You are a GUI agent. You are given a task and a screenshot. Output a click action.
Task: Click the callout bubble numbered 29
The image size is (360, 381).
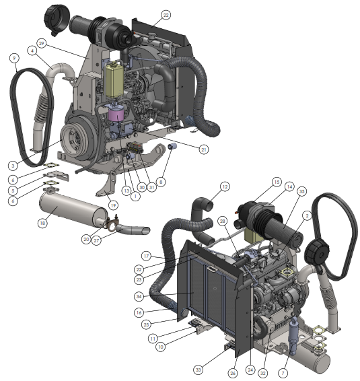click(42, 44)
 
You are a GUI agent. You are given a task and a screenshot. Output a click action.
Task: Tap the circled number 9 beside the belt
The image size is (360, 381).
click(14, 58)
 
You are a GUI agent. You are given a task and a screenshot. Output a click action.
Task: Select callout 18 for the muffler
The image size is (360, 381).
click(42, 223)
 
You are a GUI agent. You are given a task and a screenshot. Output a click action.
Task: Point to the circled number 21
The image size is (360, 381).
click(204, 149)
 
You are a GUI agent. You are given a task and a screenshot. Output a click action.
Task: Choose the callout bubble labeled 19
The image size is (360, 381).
click(113, 205)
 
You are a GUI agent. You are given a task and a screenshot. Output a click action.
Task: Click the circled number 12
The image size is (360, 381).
click(225, 186)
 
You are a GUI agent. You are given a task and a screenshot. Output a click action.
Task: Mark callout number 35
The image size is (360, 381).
click(301, 191)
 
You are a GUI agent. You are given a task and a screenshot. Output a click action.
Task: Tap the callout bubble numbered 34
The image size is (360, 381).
click(139, 296)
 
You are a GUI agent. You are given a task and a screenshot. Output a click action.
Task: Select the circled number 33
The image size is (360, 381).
click(199, 370)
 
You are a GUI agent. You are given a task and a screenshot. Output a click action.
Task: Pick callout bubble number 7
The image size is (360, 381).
click(283, 373)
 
